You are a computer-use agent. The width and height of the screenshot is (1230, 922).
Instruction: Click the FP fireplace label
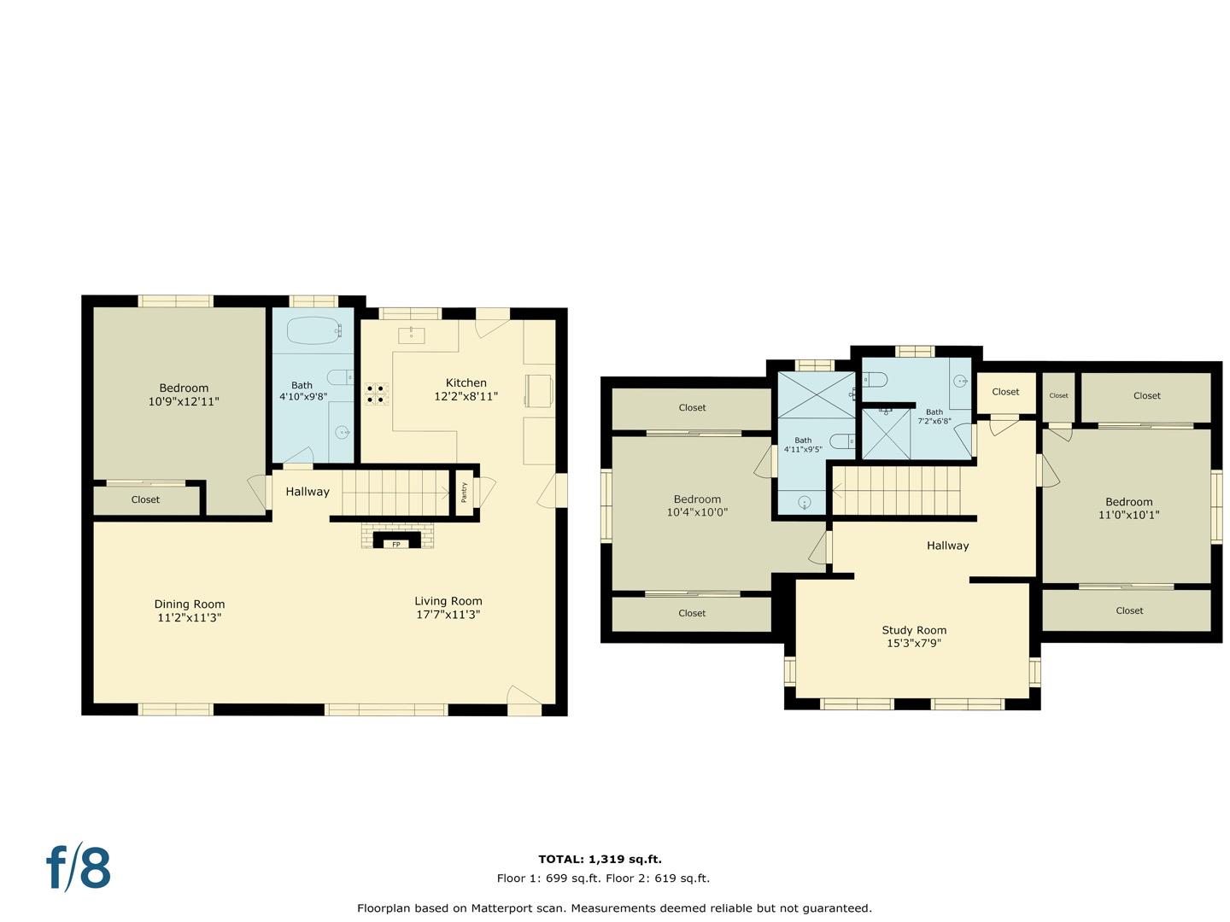(x=396, y=544)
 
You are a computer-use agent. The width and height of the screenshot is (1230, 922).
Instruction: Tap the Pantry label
(x=464, y=492)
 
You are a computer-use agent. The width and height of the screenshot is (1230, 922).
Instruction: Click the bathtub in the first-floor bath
(x=314, y=330)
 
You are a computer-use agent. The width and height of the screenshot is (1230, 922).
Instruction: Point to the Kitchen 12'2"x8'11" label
(x=466, y=389)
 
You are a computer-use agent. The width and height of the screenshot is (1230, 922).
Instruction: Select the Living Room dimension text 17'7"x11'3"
(x=448, y=615)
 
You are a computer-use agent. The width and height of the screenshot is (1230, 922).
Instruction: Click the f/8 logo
(x=79, y=868)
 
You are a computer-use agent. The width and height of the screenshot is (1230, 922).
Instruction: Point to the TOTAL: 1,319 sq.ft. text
(x=600, y=860)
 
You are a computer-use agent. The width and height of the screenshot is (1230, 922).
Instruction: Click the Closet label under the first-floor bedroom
(x=145, y=499)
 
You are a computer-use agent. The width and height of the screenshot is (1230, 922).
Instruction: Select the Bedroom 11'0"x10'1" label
(x=1128, y=509)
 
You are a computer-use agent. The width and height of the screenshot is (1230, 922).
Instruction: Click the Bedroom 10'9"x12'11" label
(x=184, y=394)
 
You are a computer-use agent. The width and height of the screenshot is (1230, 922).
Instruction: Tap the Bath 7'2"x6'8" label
(x=934, y=417)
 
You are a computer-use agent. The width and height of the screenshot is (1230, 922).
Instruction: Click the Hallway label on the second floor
(x=947, y=546)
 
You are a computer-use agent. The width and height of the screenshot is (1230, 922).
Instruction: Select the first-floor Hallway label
(x=307, y=492)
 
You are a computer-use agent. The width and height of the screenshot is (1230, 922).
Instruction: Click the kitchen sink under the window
(x=411, y=334)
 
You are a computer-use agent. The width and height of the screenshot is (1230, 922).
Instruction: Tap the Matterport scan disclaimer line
(x=614, y=908)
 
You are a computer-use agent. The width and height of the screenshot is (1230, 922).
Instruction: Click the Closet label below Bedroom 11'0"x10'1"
(x=1129, y=610)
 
